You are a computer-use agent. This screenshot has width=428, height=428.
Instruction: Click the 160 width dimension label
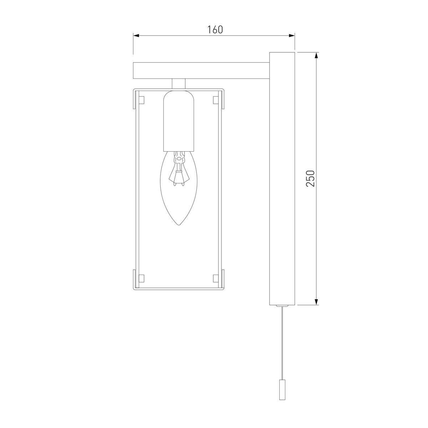pyautogui.click(x=215, y=30)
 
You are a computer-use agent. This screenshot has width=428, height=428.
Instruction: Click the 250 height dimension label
pyautogui.click(x=310, y=178)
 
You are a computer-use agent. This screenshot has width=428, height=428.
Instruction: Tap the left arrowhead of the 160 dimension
pyautogui.click(x=136, y=36)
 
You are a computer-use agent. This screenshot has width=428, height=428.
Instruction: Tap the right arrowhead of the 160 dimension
pyautogui.click(x=292, y=36)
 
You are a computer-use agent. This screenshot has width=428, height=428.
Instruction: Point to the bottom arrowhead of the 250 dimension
pyautogui.click(x=317, y=302)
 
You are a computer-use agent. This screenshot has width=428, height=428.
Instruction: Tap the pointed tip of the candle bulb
pyautogui.click(x=179, y=225)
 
